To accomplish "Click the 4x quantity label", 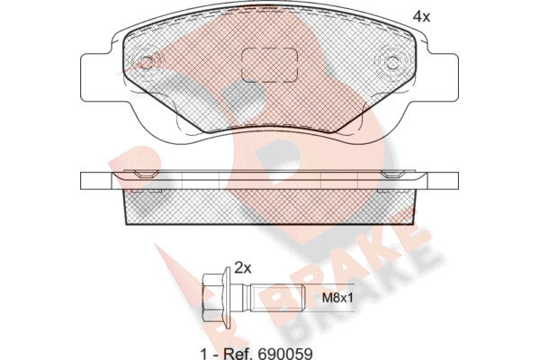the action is pos(421,16).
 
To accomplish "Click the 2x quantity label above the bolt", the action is pos(243,267).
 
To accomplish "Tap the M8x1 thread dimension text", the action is pos(337,298).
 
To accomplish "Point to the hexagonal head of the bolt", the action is pos(212,298).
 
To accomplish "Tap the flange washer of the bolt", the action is pos(227,298).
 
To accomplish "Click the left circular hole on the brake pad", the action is pos(147,63).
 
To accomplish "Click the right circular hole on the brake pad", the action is pos(391,63).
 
